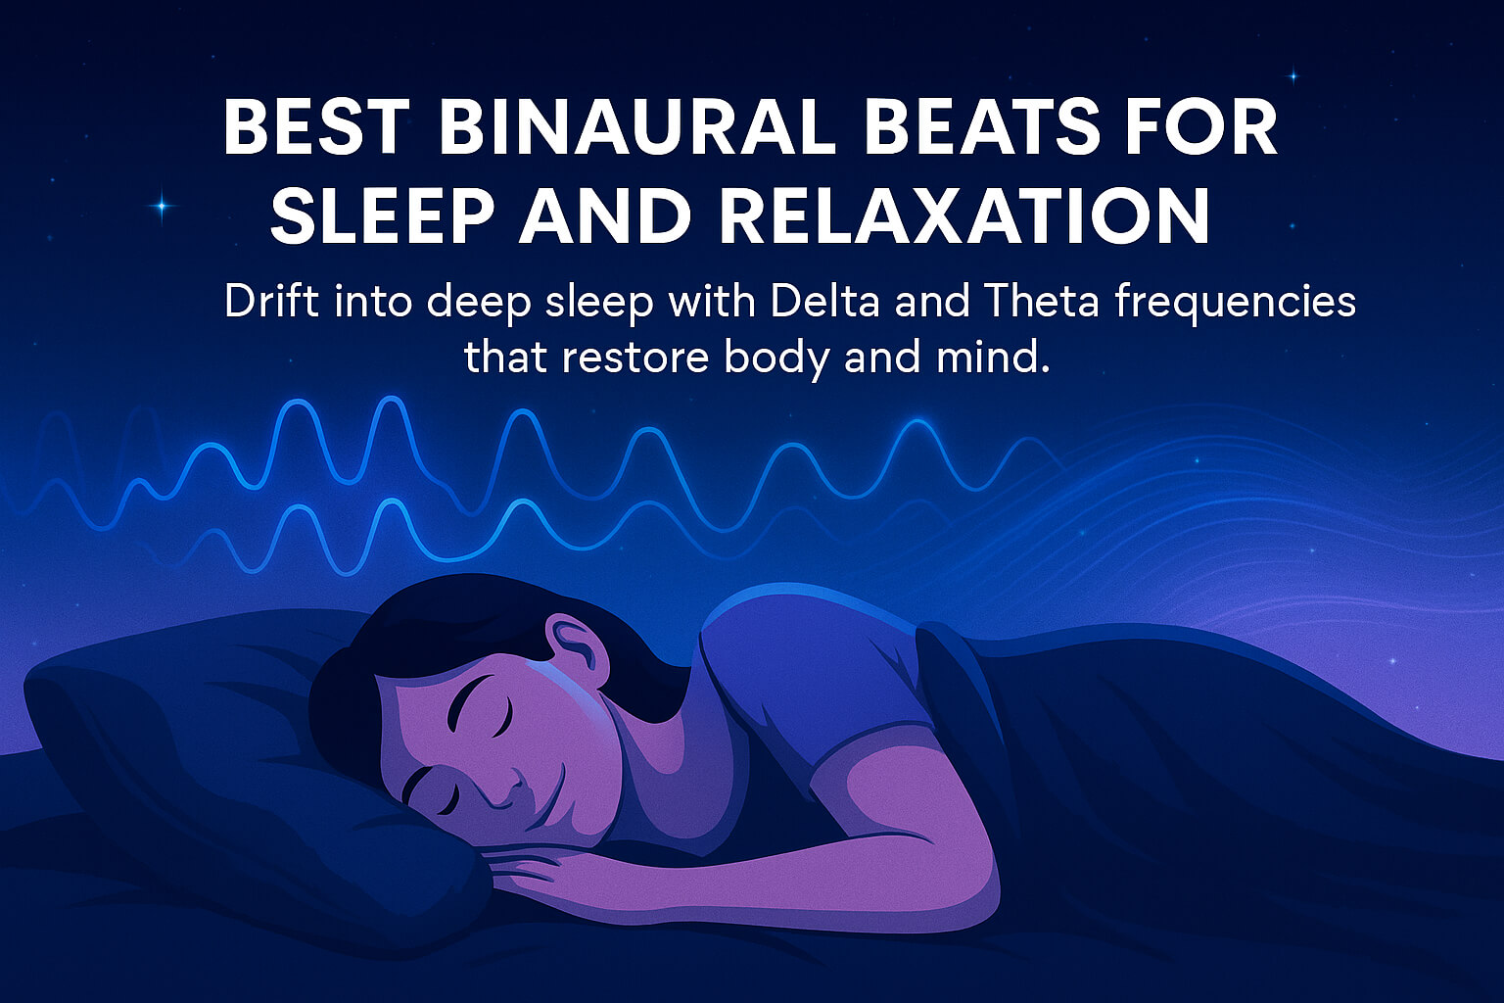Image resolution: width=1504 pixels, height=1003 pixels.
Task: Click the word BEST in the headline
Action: point(316,127)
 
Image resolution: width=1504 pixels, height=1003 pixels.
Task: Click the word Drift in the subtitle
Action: point(271,302)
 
